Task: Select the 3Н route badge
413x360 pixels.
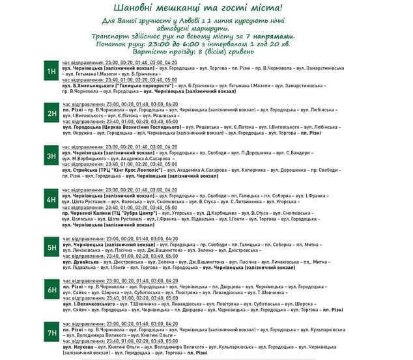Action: (51, 156)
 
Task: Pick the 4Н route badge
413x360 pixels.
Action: (51, 200)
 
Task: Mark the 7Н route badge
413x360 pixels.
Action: (51, 334)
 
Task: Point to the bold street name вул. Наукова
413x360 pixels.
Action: (76, 347)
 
